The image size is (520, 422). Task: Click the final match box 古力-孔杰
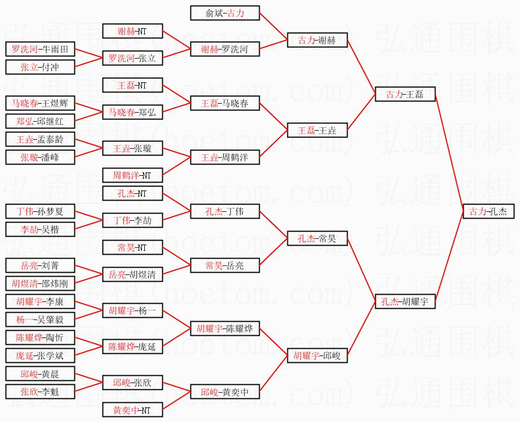pos(488,211)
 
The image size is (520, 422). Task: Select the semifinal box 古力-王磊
pos(405,94)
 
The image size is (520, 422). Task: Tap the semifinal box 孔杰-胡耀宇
pos(405,301)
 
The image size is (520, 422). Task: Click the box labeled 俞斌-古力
pos(225,13)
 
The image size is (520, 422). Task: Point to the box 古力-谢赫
pos(317,40)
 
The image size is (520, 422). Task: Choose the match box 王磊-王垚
pos(317,130)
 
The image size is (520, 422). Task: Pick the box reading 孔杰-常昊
pos(317,238)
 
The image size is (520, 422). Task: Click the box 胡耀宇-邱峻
pos(317,356)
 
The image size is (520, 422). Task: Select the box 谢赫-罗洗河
pos(225,49)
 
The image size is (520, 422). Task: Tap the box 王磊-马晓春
pos(225,103)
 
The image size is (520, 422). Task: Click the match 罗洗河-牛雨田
pos(40,49)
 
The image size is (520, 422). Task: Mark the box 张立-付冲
pos(40,67)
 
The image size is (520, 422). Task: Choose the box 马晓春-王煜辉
pos(40,103)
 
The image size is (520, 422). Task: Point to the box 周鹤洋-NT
pos(132,175)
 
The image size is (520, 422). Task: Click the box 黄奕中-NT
pos(132,410)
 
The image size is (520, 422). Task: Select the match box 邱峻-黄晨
pos(40,374)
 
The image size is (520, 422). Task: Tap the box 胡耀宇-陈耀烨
pos(225,329)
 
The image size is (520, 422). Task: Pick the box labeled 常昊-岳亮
pos(225,265)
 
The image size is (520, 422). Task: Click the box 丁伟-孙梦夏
pos(40,211)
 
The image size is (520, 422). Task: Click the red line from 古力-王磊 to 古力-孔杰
pos(449,153)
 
